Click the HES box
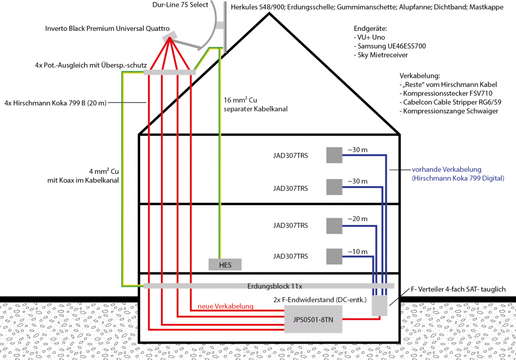[x=225, y=265]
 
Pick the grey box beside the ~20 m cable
[x=335, y=225]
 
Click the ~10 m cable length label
[x=357, y=251]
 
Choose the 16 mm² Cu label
[x=242, y=100]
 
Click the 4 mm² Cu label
[x=101, y=172]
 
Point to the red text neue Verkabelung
[x=226, y=306]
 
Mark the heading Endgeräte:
[x=370, y=28]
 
